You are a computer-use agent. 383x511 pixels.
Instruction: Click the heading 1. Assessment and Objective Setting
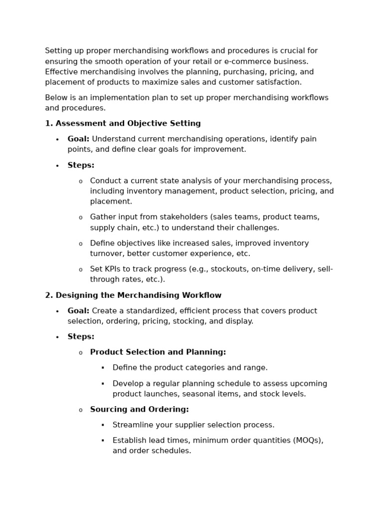point(123,123)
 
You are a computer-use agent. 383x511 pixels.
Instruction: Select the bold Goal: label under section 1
point(78,139)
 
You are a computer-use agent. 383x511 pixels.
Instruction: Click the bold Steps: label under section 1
point(81,165)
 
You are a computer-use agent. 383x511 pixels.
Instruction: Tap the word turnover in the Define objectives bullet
point(107,254)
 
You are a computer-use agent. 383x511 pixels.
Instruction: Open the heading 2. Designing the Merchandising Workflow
point(133,295)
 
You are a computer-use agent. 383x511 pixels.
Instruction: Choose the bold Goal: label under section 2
point(78,311)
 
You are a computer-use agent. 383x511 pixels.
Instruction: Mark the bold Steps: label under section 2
point(81,337)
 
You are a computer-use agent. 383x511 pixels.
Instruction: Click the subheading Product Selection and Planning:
point(158,352)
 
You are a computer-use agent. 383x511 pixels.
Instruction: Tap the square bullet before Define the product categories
point(103,368)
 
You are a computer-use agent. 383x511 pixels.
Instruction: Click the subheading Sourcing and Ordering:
point(139,409)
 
